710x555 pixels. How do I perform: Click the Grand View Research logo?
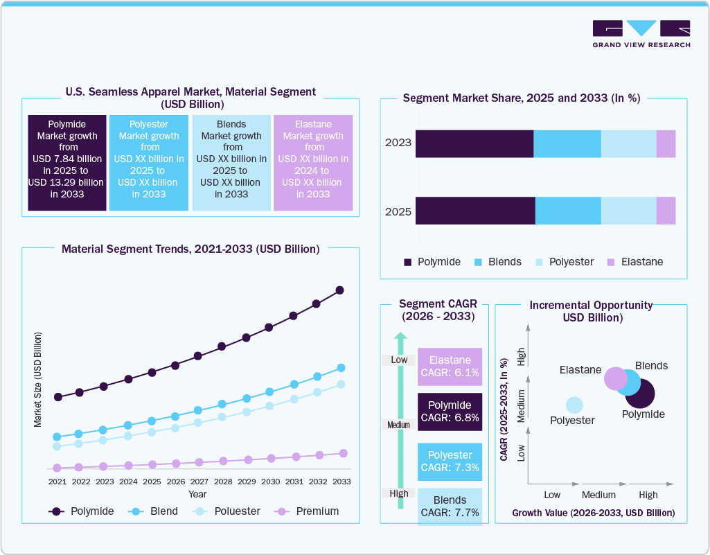pos(641,33)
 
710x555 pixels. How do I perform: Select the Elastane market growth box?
pos(313,162)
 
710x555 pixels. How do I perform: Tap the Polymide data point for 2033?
pos(340,290)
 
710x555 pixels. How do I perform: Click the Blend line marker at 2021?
pos(57,437)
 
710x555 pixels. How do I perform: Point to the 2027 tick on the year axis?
pos(199,482)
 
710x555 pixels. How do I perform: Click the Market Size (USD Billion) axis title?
pos(38,379)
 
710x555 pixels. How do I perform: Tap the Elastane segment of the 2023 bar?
pos(666,143)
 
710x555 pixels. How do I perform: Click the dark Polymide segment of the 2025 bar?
pos(475,211)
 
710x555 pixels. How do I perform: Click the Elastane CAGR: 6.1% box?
pos(450,367)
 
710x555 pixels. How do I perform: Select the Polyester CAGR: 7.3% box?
pos(450,461)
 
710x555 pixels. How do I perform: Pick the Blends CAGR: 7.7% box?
pos(450,506)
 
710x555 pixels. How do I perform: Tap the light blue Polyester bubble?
pos(574,405)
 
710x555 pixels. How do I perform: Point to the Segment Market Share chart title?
pos(521,98)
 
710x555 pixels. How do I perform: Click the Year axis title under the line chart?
pos(197,494)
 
